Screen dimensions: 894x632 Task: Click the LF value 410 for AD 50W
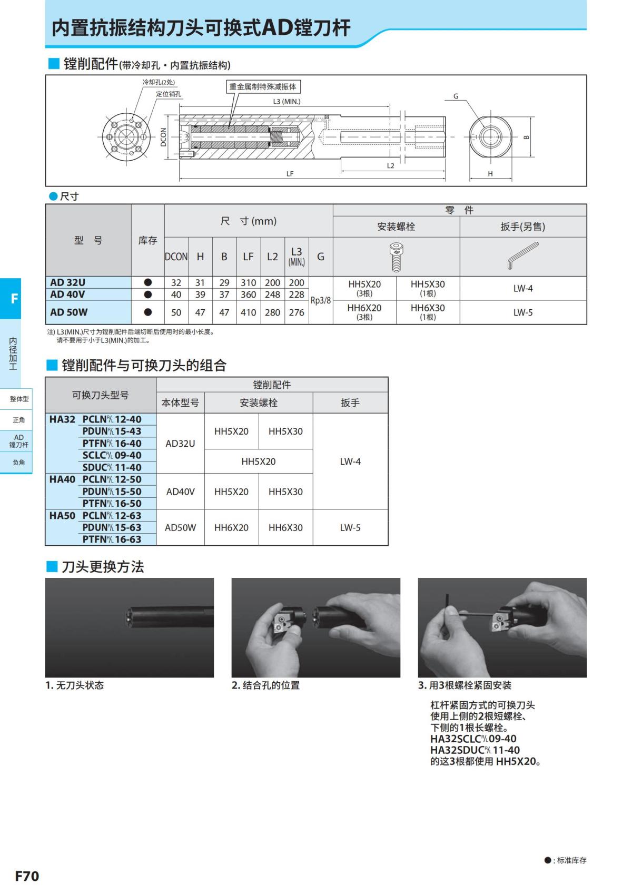248,312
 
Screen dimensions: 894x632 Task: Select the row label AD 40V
67,294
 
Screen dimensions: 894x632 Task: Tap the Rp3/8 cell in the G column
320,300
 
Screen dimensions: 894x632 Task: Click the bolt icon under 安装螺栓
396,257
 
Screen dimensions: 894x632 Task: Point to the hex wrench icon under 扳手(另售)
522,256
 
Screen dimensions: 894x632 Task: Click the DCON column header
176,257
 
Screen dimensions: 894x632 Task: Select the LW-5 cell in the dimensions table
522,312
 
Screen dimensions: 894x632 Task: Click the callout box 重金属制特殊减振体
263,87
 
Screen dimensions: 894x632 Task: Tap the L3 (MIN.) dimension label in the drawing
287,101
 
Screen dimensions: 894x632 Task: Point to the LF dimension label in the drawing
290,173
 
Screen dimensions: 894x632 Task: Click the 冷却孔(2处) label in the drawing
159,82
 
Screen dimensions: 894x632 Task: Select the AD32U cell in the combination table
180,444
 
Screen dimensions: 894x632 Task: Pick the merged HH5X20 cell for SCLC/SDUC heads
258,461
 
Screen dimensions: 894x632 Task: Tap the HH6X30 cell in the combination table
285,527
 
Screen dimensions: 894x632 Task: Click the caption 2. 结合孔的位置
265,685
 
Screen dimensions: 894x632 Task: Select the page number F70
27,876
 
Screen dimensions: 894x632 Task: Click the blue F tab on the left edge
14,299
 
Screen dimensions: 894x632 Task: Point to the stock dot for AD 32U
147,282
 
